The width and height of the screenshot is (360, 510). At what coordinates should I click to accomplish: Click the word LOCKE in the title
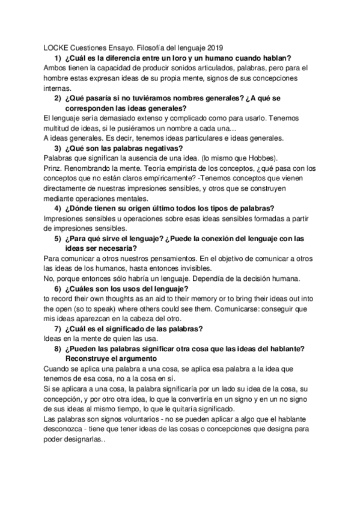pyautogui.click(x=56, y=47)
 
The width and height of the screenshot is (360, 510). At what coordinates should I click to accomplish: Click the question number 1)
pyautogui.click(x=58, y=58)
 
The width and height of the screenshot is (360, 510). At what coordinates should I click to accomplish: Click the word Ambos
pyautogui.click(x=56, y=68)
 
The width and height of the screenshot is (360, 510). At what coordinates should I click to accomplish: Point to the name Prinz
pyautogui.click(x=55, y=169)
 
